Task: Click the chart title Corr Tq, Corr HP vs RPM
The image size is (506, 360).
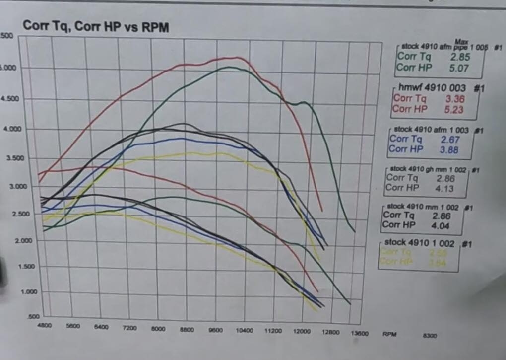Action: click(96, 27)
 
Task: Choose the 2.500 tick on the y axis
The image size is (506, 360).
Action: click(11, 214)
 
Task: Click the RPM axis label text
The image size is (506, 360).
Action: click(389, 334)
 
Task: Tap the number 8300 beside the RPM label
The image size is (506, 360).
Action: click(430, 336)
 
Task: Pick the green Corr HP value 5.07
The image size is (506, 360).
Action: click(459, 68)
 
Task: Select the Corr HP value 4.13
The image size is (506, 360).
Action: click(447, 188)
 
